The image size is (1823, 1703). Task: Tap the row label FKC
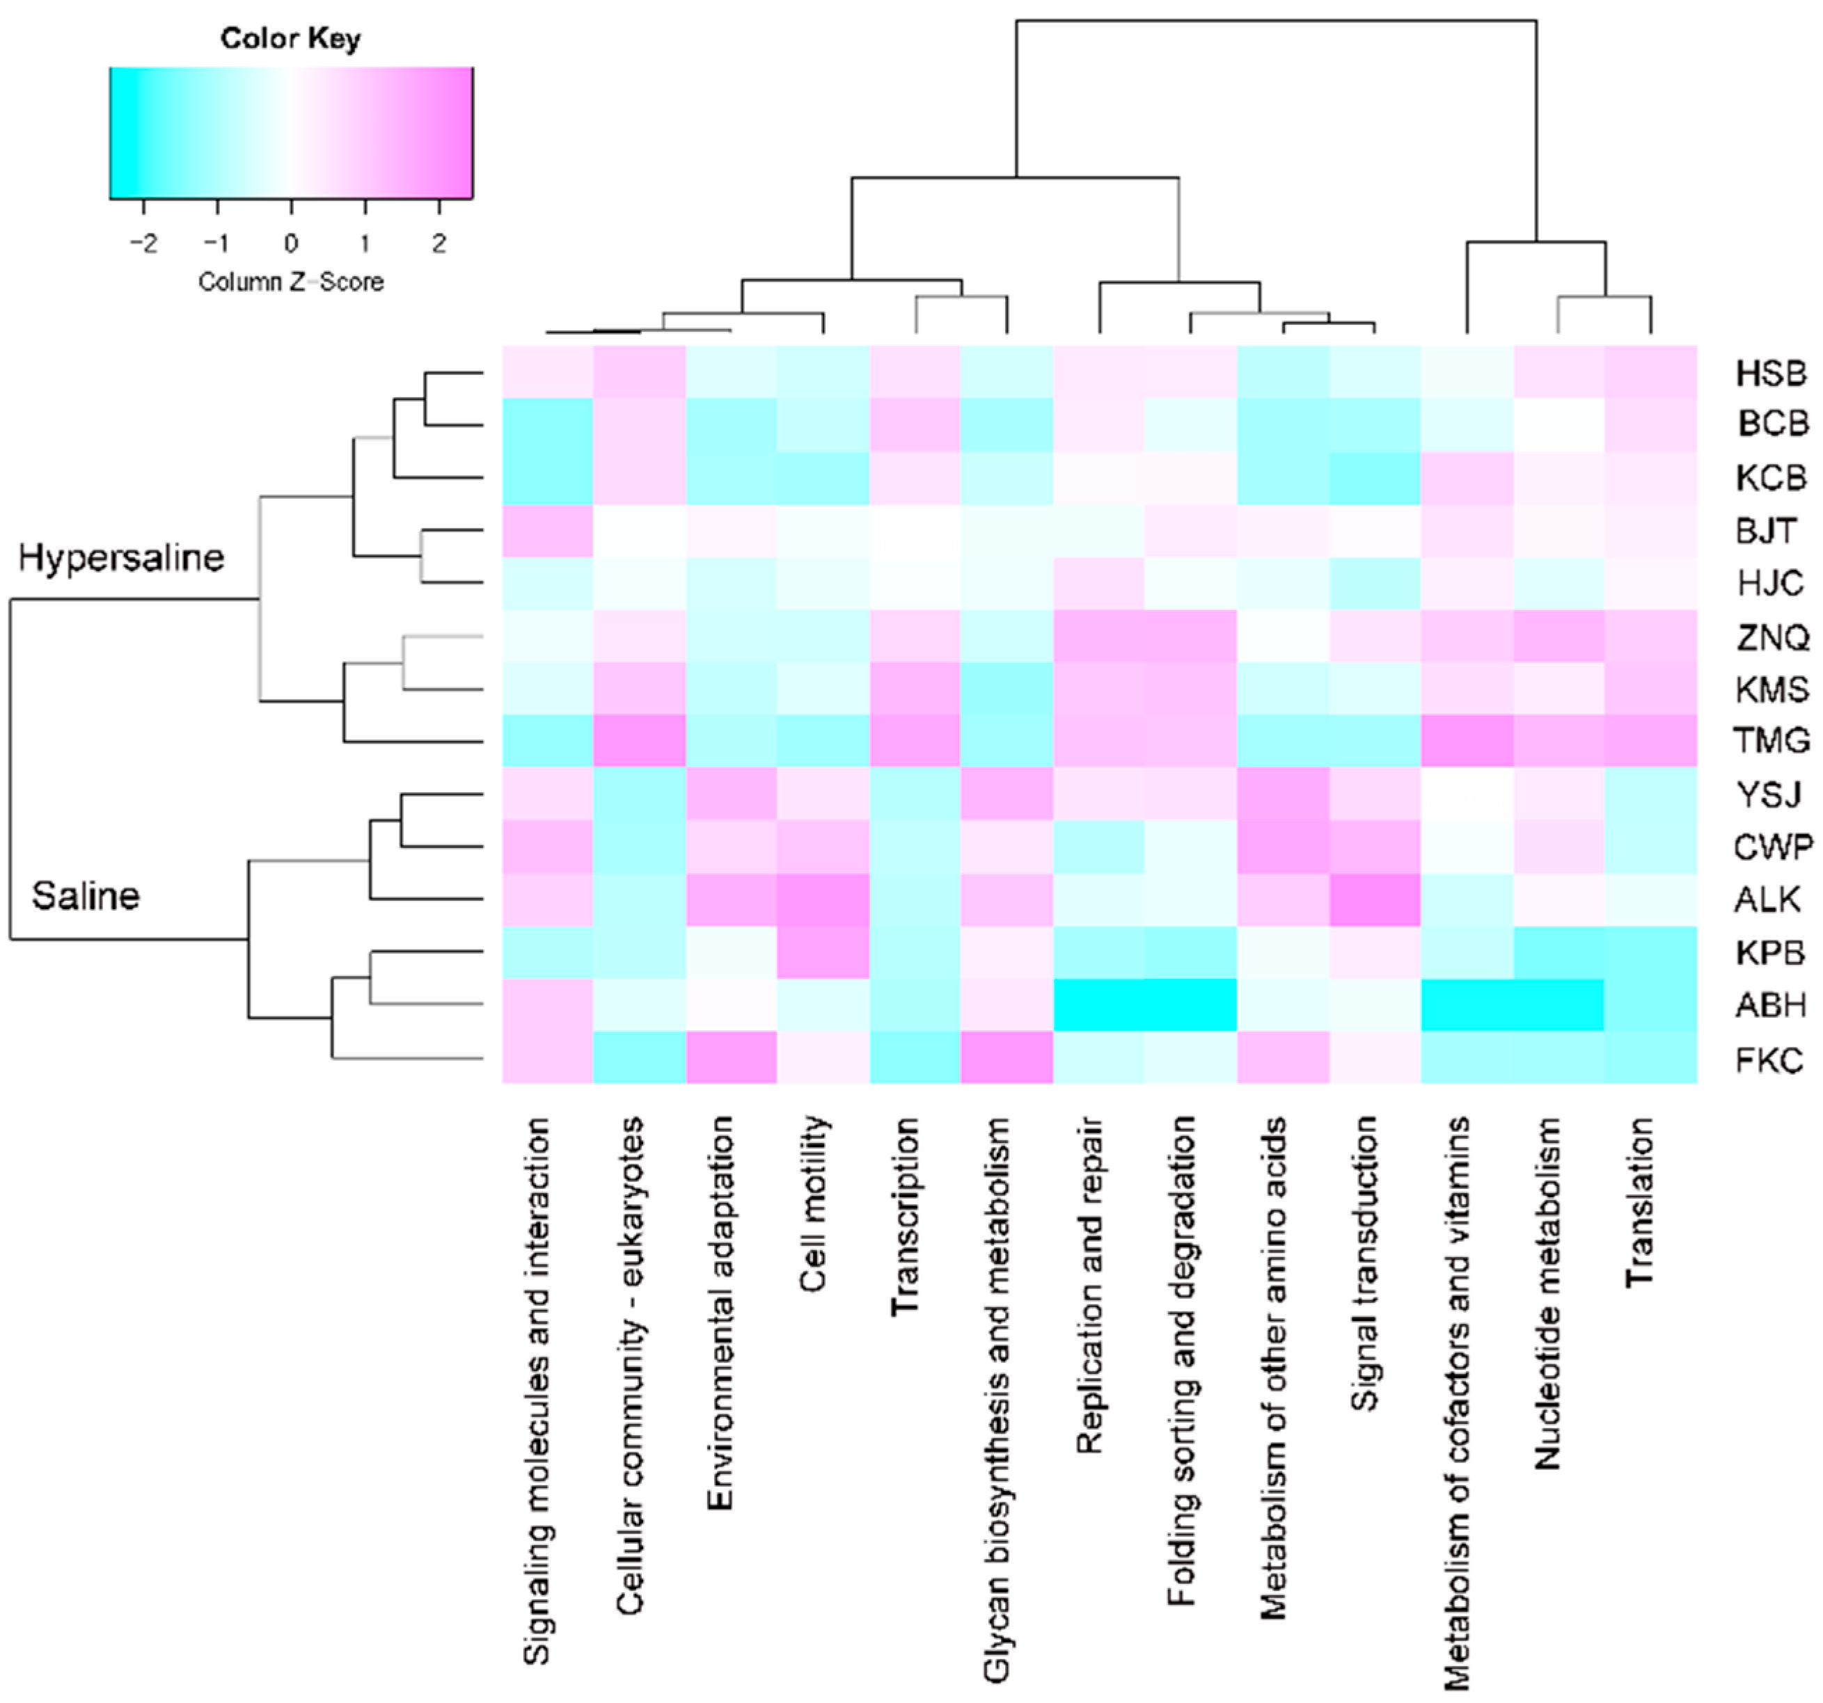[1769, 1060]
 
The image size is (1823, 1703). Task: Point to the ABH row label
[1770, 1005]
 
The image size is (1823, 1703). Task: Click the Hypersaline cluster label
[121, 557]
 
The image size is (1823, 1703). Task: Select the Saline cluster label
[86, 895]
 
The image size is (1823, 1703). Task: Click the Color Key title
[291, 38]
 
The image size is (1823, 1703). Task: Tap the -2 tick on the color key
[143, 243]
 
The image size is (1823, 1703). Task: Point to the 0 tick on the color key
[291, 243]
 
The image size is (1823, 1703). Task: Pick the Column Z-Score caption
[291, 281]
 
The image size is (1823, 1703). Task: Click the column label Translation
[1640, 1201]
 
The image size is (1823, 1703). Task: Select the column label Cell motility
[814, 1204]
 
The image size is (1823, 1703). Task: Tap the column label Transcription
[905, 1215]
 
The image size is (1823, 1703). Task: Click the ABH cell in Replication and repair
[1098, 1005]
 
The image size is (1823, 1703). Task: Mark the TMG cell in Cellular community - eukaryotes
[639, 739]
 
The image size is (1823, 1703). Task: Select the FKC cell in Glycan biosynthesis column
[1007, 1057]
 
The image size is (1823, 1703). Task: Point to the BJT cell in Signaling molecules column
[547, 531]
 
